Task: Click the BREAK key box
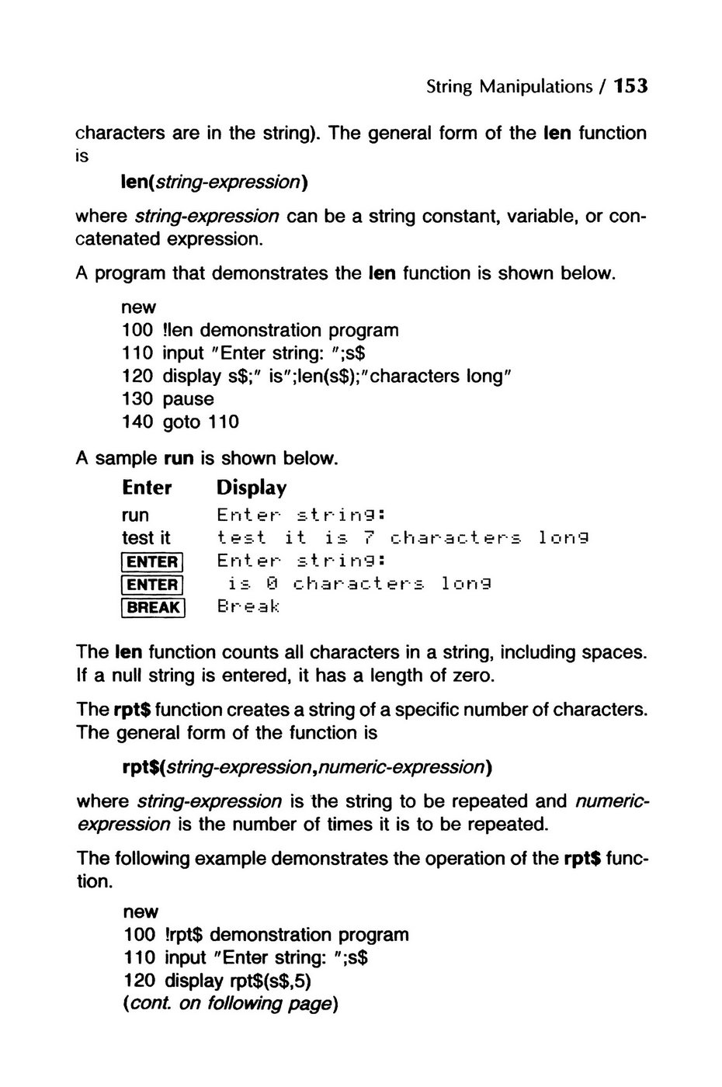(x=153, y=607)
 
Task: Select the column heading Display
(x=252, y=488)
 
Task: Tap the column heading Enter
(x=147, y=488)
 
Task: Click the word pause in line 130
(x=188, y=399)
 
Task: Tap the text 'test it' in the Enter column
(x=146, y=537)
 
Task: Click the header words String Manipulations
(x=509, y=86)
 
